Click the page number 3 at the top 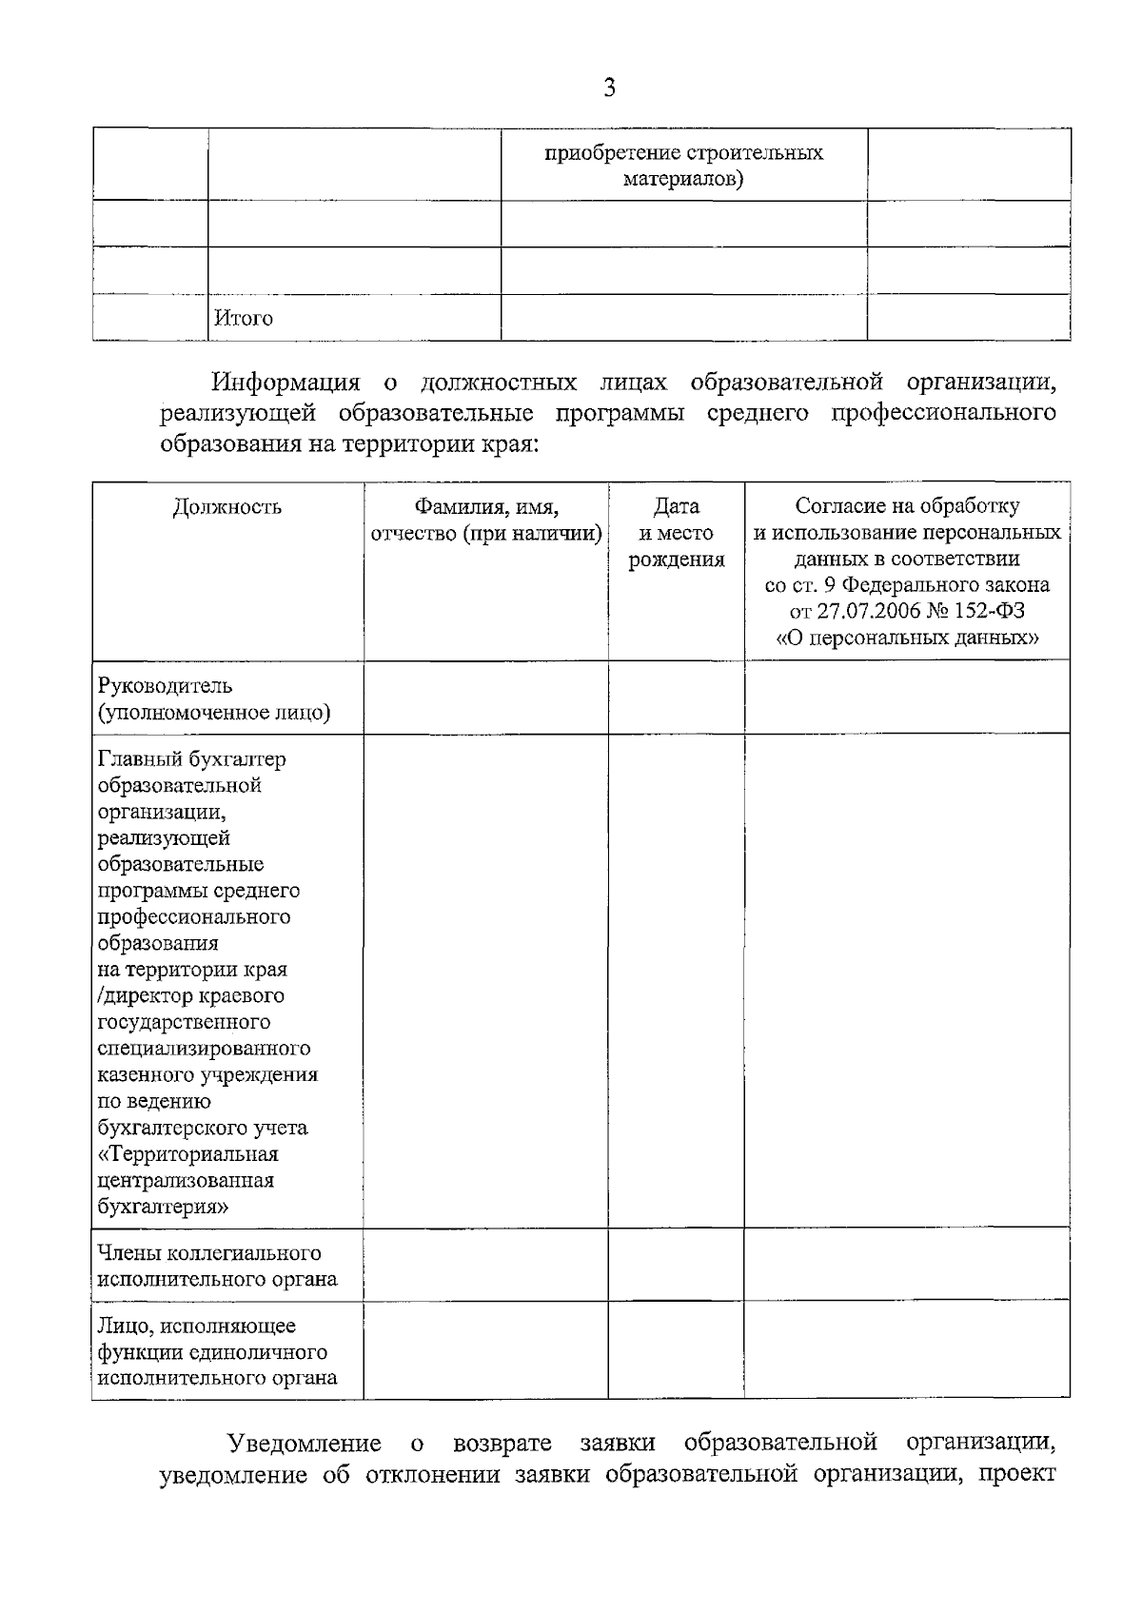point(609,88)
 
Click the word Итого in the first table point(244,319)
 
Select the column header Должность point(227,506)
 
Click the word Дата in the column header point(676,506)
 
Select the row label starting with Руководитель point(165,686)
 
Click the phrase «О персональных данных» point(907,638)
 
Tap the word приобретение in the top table point(605,153)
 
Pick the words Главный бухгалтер point(191,759)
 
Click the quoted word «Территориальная point(188,1154)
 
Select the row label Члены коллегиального point(208,1253)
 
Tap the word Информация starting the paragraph point(286,383)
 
